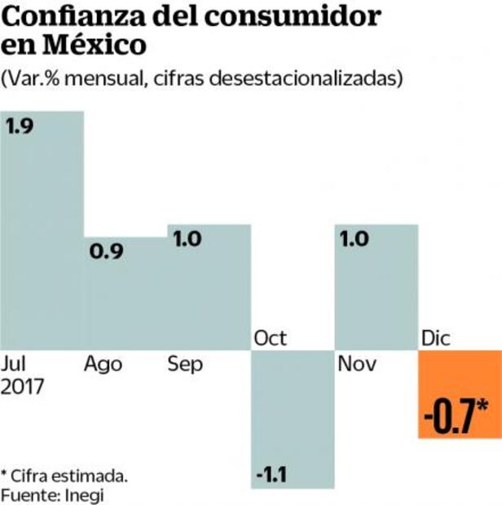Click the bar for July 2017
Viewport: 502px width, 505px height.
(42, 236)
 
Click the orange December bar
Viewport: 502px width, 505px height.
(460, 394)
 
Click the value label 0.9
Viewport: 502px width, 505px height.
(105, 252)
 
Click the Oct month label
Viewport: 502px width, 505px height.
(271, 337)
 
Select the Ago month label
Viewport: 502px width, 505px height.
(103, 363)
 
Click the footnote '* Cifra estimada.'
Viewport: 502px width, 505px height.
(64, 475)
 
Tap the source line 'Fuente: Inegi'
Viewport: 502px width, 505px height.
(53, 494)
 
